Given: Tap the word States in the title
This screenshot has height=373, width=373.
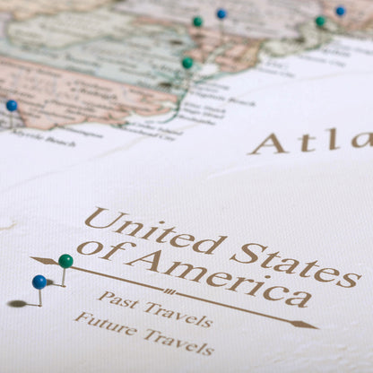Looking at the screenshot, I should coord(295,259).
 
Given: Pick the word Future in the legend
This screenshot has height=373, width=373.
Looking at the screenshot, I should coord(100,323).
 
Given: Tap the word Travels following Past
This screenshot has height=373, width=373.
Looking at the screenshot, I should coord(179,314).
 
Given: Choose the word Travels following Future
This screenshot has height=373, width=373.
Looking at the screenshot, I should coord(182,340).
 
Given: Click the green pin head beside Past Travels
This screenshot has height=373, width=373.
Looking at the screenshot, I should coord(65,261).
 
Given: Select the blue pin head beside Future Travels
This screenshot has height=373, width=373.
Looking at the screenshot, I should coord(39,282).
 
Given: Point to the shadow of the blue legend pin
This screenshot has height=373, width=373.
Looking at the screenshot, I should coord(17,304).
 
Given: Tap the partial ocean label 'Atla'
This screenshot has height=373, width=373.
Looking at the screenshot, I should coord(309,142).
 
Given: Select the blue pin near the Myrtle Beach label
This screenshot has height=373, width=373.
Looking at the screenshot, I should coord(12,105).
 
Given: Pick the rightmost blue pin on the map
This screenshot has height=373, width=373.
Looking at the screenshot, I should coord(340,11).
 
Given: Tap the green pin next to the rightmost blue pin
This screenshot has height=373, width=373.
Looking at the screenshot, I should coord(320,21).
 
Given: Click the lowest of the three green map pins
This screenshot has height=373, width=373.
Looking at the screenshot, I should coord(187,63).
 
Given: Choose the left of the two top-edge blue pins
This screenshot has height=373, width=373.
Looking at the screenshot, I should coord(221,13).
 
